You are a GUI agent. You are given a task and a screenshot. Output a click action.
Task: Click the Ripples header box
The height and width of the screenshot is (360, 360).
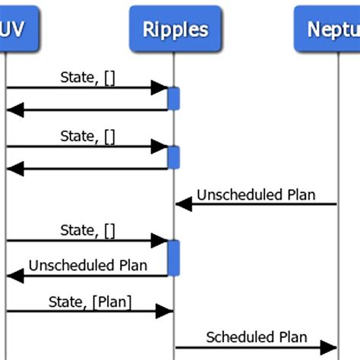pyautogui.click(x=175, y=30)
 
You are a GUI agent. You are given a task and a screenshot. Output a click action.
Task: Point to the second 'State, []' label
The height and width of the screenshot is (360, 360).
pyautogui.click(x=87, y=135)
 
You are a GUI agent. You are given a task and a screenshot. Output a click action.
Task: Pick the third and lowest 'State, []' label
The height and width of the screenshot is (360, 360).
pyautogui.click(x=87, y=229)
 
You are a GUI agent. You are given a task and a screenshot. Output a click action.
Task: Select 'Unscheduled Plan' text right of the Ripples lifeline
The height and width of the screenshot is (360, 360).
pyautogui.click(x=256, y=194)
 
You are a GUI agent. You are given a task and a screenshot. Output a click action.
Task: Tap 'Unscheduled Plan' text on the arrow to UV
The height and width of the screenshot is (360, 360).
pyautogui.click(x=87, y=265)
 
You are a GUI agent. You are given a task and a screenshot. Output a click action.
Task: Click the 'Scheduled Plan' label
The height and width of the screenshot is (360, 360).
pyautogui.click(x=257, y=336)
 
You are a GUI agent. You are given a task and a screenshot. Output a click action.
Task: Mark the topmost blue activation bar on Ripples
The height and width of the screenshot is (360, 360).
pyautogui.click(x=174, y=99)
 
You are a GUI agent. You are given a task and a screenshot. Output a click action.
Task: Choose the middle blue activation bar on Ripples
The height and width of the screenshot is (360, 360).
pyautogui.click(x=174, y=157)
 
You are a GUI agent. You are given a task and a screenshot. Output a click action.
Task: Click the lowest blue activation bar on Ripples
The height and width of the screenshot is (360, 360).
pyautogui.click(x=174, y=258)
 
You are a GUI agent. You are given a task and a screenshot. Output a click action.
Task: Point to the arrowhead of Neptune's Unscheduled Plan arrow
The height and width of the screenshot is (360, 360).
pyautogui.click(x=183, y=204)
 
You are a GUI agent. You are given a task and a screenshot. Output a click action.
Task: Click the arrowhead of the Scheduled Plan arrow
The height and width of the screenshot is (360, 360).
pyautogui.click(x=328, y=347)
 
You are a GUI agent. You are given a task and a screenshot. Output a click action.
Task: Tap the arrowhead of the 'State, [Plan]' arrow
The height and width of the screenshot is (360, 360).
pyautogui.click(x=164, y=311)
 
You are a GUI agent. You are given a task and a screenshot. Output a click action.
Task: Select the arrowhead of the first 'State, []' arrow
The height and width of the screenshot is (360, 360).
pyautogui.click(x=159, y=87)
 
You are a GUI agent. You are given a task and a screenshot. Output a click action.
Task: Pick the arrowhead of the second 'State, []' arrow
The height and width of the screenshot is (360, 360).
pyautogui.click(x=159, y=147)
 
